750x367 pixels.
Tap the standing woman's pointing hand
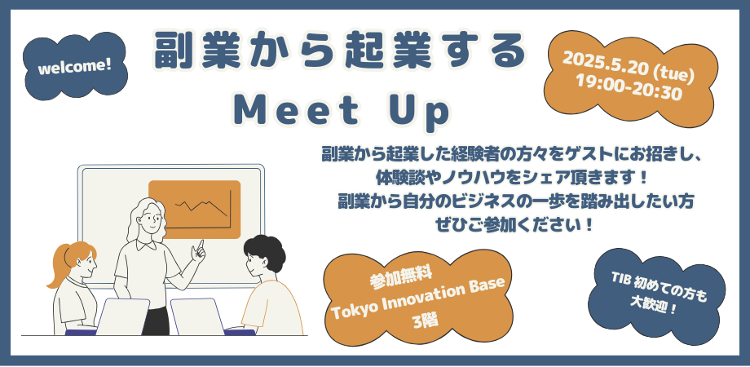(198, 248)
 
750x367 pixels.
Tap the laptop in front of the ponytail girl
(122, 316)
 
